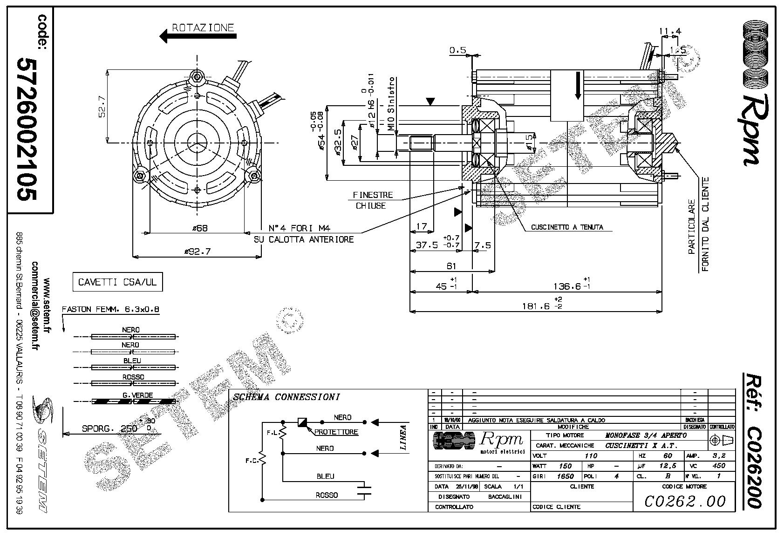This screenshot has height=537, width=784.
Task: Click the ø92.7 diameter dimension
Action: coord(198,252)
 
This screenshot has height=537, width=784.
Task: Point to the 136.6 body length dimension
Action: coord(567,286)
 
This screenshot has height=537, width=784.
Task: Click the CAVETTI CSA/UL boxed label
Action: coord(117,282)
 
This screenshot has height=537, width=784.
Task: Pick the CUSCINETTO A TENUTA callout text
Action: coord(567,227)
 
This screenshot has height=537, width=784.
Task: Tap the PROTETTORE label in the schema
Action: coord(336,432)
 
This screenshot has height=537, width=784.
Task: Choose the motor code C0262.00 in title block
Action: coord(685,501)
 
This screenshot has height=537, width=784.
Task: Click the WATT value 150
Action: coord(565,466)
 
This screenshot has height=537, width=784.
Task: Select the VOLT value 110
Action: coord(590,456)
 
